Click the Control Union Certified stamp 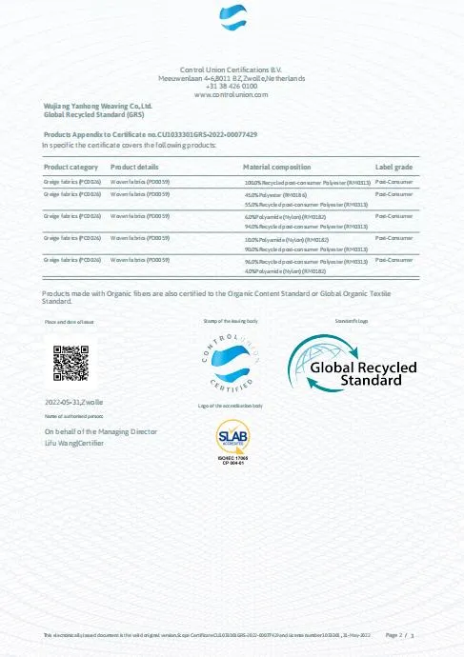click(232, 363)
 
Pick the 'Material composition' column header click(277, 167)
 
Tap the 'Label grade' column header click(393, 167)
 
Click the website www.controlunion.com click(232, 95)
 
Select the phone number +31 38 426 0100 click(232, 87)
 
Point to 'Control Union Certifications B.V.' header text click(232, 70)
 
